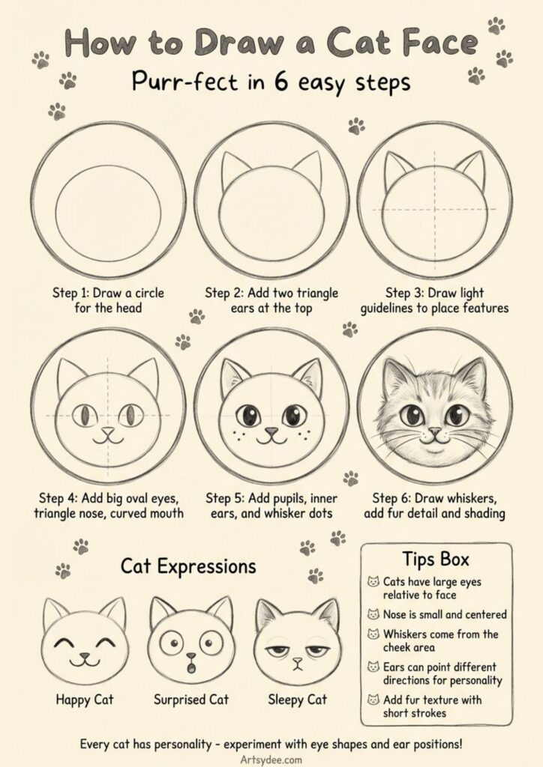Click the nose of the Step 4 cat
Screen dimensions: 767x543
click(109, 431)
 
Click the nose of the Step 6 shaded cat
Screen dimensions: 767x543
click(433, 431)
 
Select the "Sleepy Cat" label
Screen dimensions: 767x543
click(298, 700)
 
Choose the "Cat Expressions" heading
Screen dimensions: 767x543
click(188, 566)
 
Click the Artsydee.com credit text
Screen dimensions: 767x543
click(271, 758)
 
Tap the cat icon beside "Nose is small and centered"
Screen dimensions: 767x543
click(373, 614)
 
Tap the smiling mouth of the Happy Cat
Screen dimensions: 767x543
click(85, 661)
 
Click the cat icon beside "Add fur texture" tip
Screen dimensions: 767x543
click(373, 700)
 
